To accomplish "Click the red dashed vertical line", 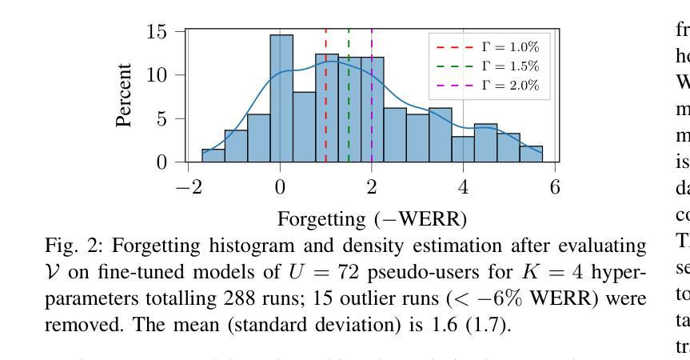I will (325, 120).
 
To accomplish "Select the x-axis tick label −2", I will (181, 187).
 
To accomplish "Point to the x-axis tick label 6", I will (555, 187).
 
